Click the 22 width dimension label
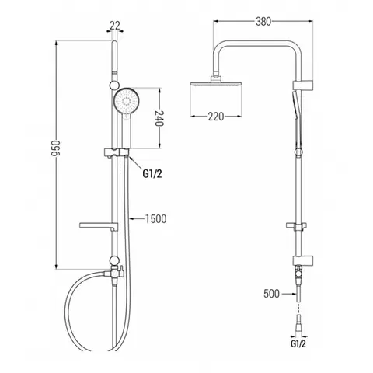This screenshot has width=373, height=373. [x=115, y=26]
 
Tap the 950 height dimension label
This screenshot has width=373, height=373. [x=55, y=148]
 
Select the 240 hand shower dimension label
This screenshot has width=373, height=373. [x=159, y=118]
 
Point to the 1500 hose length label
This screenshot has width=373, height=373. [x=155, y=219]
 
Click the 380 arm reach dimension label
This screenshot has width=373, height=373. [x=263, y=22]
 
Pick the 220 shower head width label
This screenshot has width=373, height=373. [x=216, y=117]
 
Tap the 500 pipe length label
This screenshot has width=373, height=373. [x=271, y=294]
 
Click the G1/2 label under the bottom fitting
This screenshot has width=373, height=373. [x=298, y=344]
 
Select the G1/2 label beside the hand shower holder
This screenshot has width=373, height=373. [x=152, y=174]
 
